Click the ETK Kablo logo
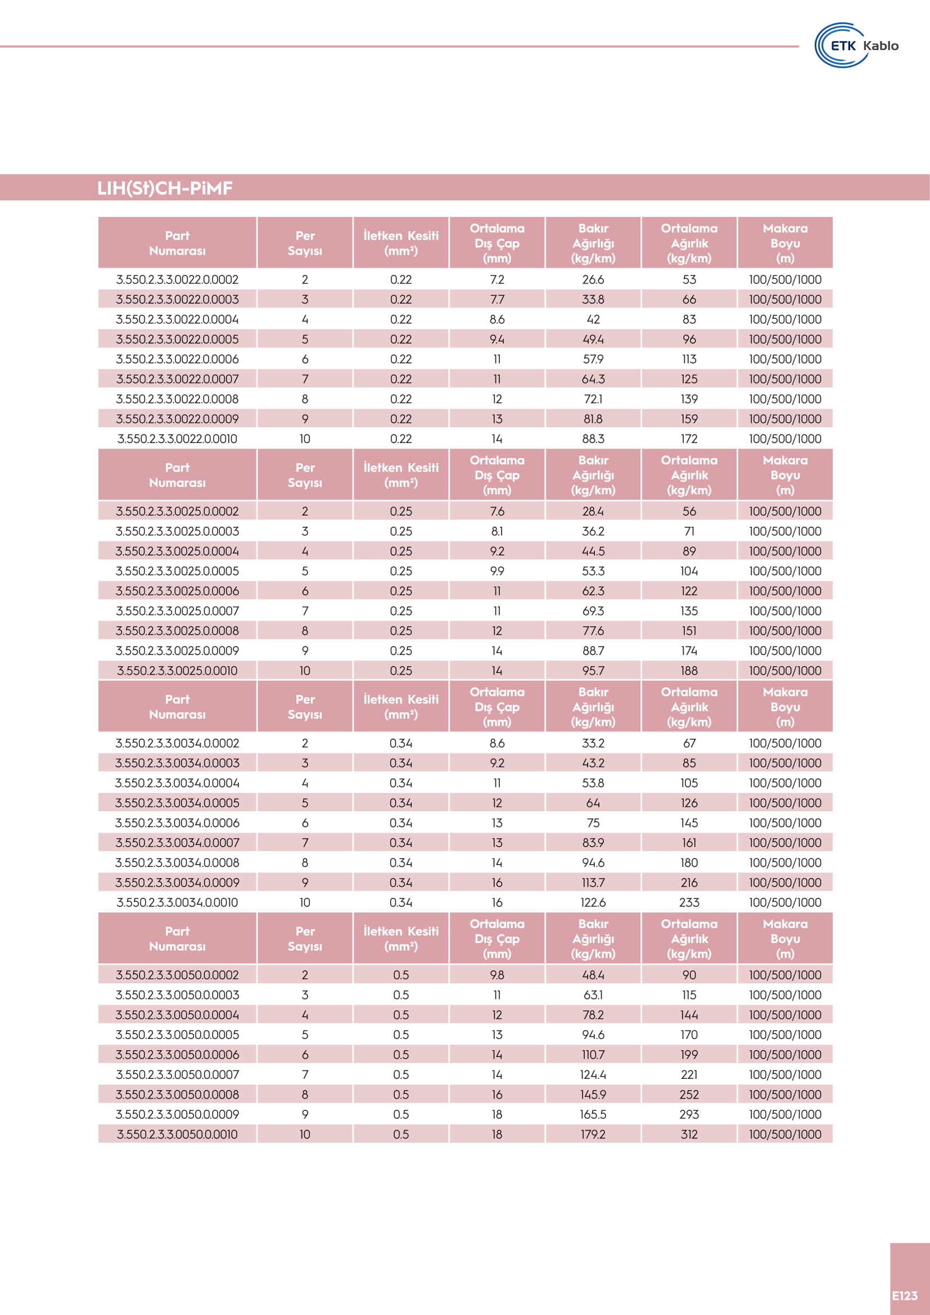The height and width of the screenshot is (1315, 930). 856,45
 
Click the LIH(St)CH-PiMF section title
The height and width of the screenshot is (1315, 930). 165,188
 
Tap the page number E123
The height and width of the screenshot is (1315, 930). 904,1295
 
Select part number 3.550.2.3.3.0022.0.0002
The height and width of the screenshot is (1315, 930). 177,279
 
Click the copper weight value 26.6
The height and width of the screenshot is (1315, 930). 593,279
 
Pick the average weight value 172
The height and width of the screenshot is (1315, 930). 689,439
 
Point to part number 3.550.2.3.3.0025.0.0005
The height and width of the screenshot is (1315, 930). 177,571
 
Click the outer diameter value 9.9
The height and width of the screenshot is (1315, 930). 496,571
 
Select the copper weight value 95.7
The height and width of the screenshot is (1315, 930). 593,671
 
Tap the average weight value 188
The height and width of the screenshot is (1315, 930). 689,671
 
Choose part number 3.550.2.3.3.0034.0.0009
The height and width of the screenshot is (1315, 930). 177,883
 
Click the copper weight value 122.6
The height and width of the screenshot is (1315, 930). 593,903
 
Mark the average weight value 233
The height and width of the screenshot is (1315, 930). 689,903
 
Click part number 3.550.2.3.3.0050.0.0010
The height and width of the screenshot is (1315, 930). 177,1134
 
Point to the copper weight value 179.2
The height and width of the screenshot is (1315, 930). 593,1134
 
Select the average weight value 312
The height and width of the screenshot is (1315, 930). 689,1134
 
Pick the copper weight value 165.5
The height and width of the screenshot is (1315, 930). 593,1114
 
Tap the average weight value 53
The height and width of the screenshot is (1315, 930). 689,279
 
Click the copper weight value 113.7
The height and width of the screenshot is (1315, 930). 593,883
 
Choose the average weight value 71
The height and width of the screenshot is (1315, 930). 689,531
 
